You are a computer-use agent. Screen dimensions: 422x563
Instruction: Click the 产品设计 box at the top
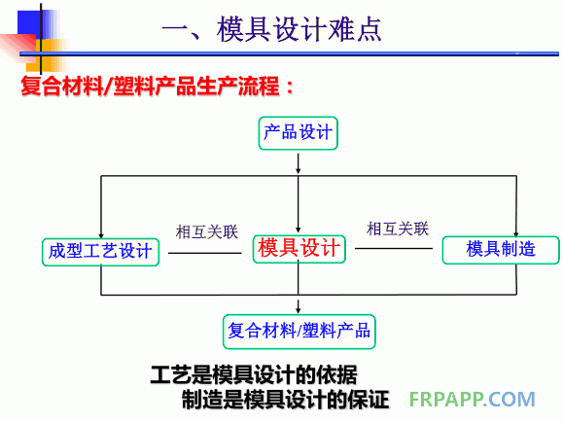pyautogui.click(x=299, y=132)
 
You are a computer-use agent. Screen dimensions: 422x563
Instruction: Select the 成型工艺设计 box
pyautogui.click(x=101, y=250)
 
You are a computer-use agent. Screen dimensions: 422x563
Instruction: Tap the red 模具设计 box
pyautogui.click(x=299, y=249)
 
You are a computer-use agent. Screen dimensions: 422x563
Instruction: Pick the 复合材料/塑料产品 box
pyautogui.click(x=299, y=330)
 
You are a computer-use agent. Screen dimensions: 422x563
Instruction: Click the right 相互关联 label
pyautogui.click(x=398, y=229)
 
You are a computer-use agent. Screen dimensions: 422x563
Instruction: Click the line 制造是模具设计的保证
pyautogui.click(x=284, y=400)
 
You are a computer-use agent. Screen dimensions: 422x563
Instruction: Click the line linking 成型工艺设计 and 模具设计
pyautogui.click(x=204, y=253)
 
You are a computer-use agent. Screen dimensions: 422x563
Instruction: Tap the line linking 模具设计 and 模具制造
pyautogui.click(x=394, y=249)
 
